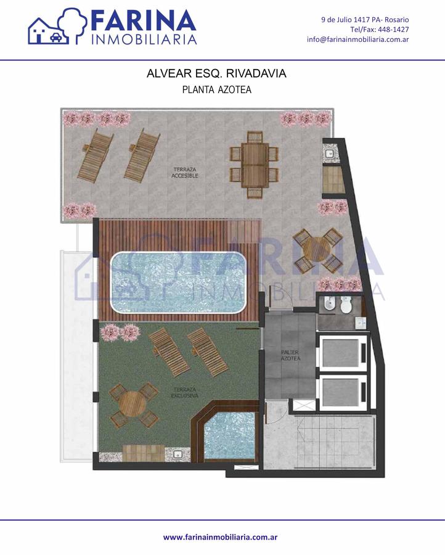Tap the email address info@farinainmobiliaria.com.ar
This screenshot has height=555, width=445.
(357, 39)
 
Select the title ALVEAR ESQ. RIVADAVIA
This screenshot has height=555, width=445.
(216, 73)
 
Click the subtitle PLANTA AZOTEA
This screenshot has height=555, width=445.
(216, 89)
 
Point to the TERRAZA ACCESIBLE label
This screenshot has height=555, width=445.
(185, 173)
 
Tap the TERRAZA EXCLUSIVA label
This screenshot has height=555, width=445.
(185, 393)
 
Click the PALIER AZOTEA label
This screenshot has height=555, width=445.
(290, 355)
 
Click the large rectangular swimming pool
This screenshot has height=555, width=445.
(178, 282)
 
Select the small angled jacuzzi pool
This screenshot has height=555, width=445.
(229, 435)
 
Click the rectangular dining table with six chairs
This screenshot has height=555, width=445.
(254, 165)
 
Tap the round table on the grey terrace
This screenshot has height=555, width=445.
(317, 250)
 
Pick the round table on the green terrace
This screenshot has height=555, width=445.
(133, 405)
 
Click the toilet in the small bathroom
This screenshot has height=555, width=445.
(346, 305)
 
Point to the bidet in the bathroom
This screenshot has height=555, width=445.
(329, 305)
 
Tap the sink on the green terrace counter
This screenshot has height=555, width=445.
(178, 454)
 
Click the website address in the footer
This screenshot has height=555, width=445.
(220, 537)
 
